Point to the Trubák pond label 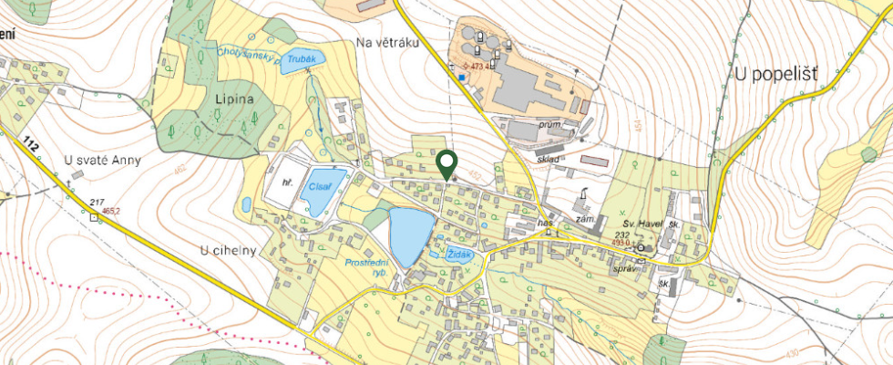(302, 58)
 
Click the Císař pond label (319, 185)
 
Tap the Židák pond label (462, 255)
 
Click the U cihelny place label (227, 248)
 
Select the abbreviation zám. (585, 220)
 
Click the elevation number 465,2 (113, 211)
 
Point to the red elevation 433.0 (621, 243)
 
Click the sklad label (548, 159)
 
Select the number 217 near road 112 (98, 201)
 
